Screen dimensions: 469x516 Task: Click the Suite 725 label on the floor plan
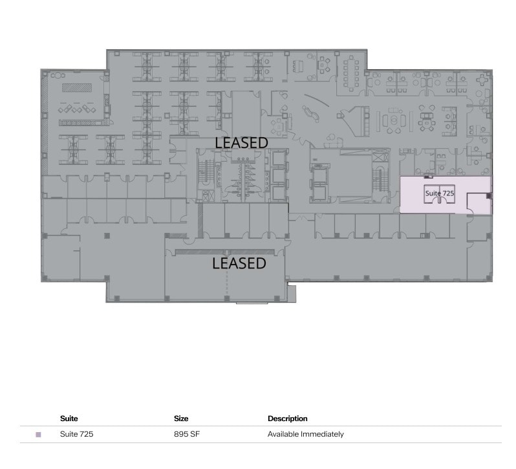click(439, 193)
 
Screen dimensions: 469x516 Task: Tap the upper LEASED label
click(241, 142)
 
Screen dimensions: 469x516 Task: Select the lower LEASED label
click(239, 263)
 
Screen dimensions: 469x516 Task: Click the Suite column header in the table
click(69, 419)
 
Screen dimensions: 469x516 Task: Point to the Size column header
click(181, 419)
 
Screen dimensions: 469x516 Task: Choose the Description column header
click(287, 419)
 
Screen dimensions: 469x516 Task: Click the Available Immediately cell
click(305, 434)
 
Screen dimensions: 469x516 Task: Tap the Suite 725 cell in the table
click(76, 434)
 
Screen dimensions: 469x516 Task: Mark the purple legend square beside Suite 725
click(38, 435)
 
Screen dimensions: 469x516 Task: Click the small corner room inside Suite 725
click(478, 204)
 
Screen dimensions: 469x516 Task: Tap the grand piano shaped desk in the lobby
click(356, 118)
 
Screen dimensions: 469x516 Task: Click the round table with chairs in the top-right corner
click(483, 80)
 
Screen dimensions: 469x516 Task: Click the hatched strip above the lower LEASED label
click(226, 251)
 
